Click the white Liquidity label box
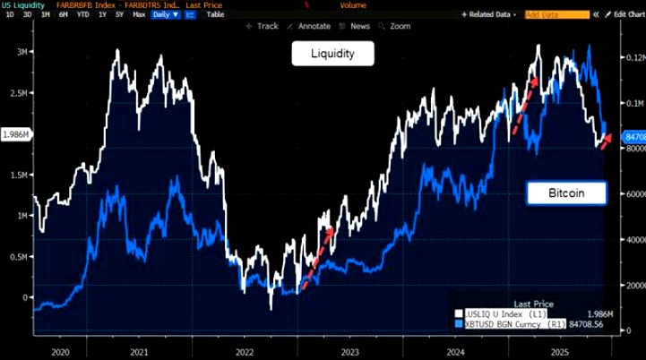click(332, 55)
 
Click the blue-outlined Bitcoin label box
click(566, 193)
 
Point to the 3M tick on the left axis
click(15, 52)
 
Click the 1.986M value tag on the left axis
click(15, 134)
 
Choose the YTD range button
click(83, 15)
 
